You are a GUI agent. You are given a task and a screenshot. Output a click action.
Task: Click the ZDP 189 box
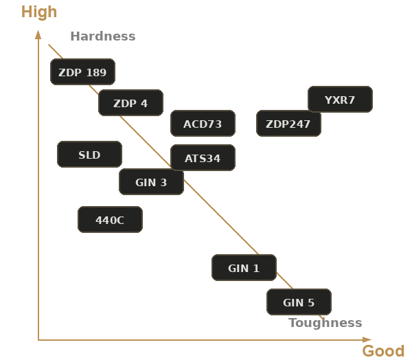point(82,71)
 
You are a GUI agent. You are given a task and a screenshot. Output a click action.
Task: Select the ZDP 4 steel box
point(130,102)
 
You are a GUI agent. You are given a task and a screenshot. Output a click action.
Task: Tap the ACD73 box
point(203,124)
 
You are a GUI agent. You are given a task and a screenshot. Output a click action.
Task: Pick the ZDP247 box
point(288,124)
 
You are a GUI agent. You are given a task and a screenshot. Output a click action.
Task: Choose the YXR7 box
point(340,99)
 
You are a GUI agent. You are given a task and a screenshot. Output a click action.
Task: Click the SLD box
point(89,154)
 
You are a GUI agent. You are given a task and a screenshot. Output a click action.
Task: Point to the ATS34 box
point(203,157)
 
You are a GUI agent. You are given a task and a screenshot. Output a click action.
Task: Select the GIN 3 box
point(151,181)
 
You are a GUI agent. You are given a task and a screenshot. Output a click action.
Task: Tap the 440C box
point(110,220)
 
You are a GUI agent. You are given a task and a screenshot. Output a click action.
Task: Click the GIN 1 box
point(244,268)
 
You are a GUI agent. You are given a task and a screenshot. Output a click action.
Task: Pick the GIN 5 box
point(299,302)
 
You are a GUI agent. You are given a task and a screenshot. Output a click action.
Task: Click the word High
point(39,12)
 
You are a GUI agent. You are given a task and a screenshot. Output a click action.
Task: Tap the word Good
point(383,351)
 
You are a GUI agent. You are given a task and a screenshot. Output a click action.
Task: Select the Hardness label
point(103,36)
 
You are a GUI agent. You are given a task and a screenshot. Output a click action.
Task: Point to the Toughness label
point(325,323)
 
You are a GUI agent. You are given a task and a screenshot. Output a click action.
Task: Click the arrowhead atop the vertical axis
point(38,34)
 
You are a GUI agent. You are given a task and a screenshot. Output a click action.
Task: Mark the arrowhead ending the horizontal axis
point(367,340)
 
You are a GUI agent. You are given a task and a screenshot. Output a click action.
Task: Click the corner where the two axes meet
point(38,340)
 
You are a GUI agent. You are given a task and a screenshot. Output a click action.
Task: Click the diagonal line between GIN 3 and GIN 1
point(221,217)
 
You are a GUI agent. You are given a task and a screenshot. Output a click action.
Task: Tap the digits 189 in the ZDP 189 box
point(96,73)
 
